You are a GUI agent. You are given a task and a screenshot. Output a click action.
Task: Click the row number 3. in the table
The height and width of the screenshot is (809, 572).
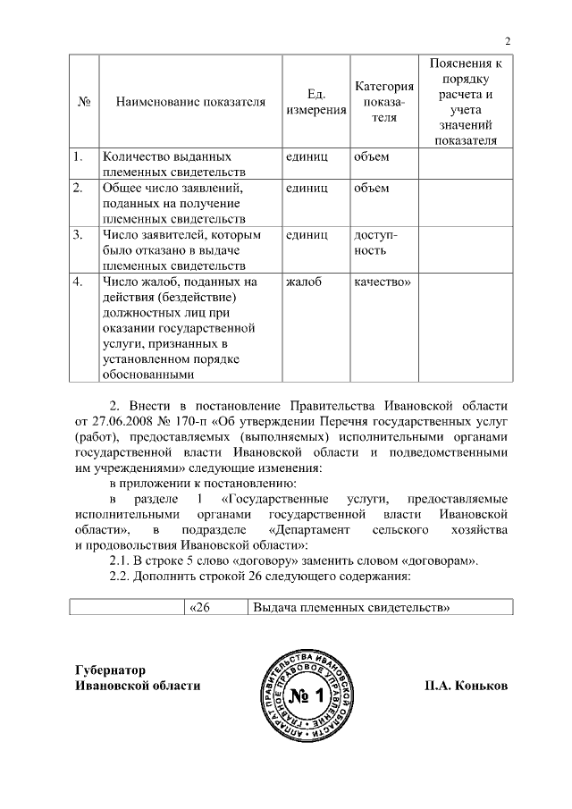coord(79,235)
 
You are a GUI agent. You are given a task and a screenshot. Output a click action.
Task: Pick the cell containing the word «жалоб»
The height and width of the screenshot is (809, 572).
coord(304,282)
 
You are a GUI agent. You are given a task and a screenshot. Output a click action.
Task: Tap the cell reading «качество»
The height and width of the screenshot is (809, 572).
coord(382,282)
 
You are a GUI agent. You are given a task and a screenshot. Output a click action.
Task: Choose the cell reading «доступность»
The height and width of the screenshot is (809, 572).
coord(376,242)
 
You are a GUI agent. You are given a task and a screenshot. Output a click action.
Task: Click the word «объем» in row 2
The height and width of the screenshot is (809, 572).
coord(372,189)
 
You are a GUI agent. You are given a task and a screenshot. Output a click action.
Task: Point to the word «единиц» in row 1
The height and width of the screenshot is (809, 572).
coord(307,156)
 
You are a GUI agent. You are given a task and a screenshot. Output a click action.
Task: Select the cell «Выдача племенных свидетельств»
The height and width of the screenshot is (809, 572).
coord(350,608)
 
